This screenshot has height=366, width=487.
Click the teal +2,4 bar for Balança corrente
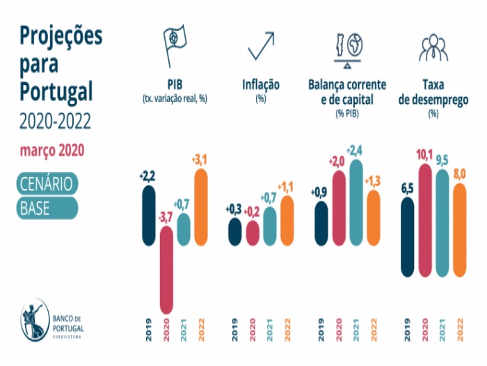coord(356,202)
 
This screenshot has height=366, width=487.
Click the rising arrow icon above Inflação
coord(260,47)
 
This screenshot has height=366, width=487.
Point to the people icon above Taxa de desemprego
coord(433,47)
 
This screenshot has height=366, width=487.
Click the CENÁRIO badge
coord(48,183)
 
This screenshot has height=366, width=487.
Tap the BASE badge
coord(48,208)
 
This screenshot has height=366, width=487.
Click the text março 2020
coord(52,150)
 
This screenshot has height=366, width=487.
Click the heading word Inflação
coord(261,85)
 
